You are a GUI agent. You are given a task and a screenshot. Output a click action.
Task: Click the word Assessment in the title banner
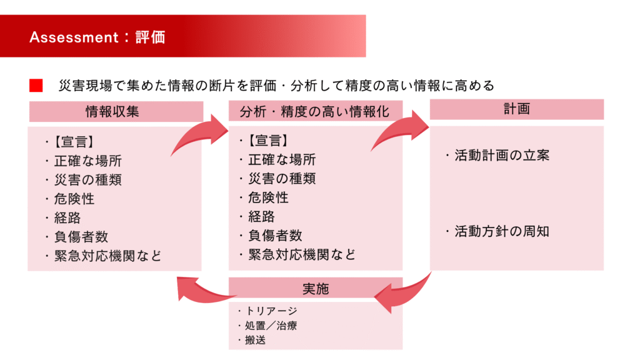pyautogui.click(x=74, y=37)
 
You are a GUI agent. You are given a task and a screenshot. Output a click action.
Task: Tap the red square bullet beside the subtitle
pyautogui.click(x=36, y=85)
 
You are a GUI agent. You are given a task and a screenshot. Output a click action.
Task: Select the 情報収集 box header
pyautogui.click(x=116, y=111)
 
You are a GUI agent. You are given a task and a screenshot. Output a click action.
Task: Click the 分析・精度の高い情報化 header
pyautogui.click(x=316, y=111)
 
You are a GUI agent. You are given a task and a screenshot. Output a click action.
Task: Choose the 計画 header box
pyautogui.click(x=517, y=109)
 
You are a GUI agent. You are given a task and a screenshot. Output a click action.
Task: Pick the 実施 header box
pyautogui.click(x=316, y=289)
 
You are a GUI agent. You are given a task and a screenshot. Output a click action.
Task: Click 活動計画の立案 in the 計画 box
pyautogui.click(x=502, y=156)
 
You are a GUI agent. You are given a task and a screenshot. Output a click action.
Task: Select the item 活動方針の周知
pyautogui.click(x=502, y=232)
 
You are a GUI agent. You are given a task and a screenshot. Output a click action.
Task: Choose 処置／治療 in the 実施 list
pyautogui.click(x=271, y=326)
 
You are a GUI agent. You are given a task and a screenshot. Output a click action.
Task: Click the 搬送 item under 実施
pyautogui.click(x=256, y=340)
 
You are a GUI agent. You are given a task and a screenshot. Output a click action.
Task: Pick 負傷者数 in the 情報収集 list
pyautogui.click(x=81, y=237)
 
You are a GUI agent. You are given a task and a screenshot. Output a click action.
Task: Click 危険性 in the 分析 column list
pyautogui.click(x=268, y=198)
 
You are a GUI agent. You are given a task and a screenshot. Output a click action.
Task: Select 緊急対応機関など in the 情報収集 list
pyautogui.click(x=108, y=256)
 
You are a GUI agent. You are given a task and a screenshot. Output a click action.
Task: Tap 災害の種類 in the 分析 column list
pyautogui.click(x=282, y=179)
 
